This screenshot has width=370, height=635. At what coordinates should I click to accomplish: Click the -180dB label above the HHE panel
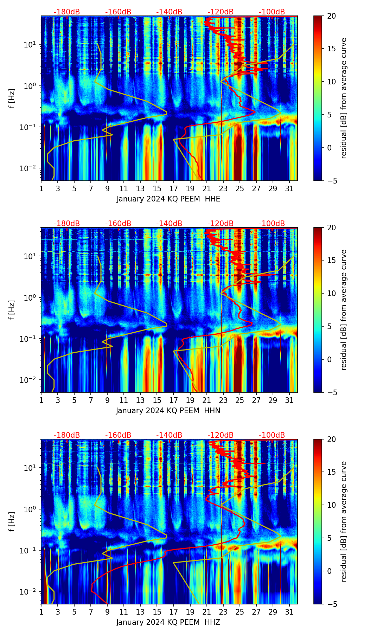(67, 12)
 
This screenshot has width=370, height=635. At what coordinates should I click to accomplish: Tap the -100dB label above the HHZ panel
(272, 435)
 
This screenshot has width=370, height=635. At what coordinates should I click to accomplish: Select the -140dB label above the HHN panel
(169, 224)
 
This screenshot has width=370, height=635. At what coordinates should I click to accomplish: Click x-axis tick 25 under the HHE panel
(240, 189)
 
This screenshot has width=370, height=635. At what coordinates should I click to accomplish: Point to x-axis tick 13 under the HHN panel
(140, 400)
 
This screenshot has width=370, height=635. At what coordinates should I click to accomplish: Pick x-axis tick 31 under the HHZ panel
(289, 612)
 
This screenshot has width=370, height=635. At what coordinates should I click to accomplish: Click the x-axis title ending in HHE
(168, 199)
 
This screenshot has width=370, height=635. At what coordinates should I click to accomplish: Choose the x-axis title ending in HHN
(168, 411)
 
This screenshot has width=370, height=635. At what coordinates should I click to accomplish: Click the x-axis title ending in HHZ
(168, 622)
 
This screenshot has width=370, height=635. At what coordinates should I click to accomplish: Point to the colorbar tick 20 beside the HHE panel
(331, 16)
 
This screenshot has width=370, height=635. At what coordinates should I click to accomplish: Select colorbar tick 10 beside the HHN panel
(331, 293)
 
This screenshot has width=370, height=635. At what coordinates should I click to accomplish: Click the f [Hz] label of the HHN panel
(12, 310)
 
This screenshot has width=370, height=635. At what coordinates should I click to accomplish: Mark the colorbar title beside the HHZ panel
(344, 521)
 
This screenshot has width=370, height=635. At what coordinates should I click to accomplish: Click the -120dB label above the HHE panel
(221, 12)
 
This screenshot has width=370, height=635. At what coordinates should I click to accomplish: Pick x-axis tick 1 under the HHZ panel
(41, 612)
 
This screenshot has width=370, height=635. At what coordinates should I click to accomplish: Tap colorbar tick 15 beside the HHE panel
(331, 49)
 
